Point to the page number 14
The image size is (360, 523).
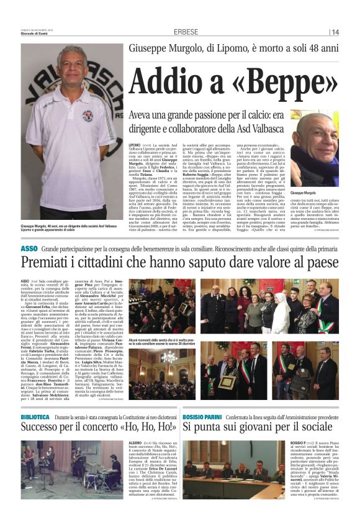[x=335, y=32]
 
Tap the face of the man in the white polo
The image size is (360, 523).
[x=71, y=71]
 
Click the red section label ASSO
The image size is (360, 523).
[x=29, y=248]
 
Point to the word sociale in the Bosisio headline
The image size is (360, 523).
[x=314, y=429]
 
